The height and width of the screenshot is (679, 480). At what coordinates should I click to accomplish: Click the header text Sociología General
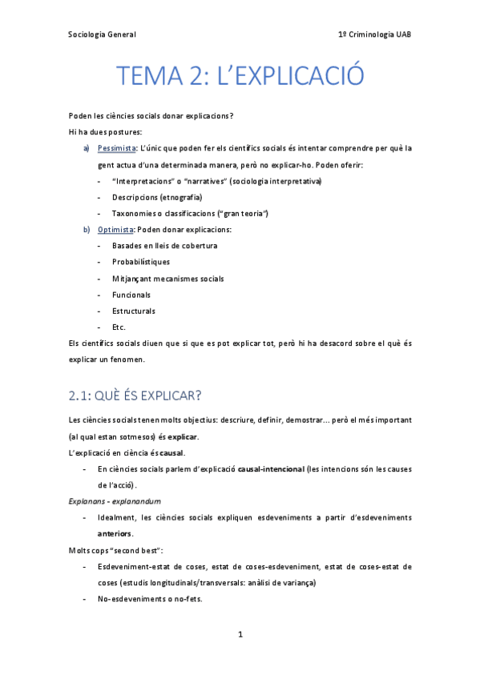(x=102, y=34)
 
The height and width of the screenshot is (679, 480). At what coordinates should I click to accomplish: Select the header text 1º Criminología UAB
(x=375, y=34)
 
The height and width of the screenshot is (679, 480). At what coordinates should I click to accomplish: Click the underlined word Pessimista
(x=117, y=148)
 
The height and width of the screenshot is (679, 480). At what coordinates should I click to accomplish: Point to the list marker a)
(x=87, y=148)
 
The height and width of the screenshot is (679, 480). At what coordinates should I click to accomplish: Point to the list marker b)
(x=87, y=230)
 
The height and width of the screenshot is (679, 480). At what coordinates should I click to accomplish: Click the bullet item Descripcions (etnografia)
(x=157, y=197)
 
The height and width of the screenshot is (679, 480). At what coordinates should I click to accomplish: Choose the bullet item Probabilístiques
(x=141, y=262)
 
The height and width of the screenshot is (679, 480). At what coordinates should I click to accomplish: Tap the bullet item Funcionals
(x=131, y=295)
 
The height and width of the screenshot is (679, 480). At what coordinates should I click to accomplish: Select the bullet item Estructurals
(x=134, y=311)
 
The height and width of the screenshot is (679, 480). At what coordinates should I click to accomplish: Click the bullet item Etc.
(x=119, y=327)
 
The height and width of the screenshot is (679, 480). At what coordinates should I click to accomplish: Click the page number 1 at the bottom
(x=240, y=635)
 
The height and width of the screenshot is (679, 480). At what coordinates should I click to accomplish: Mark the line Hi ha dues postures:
(x=94, y=131)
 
